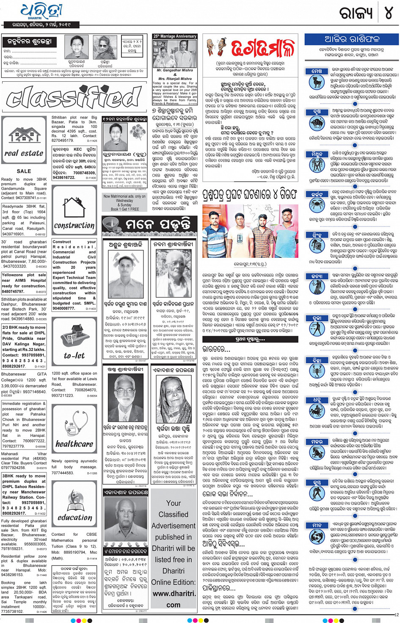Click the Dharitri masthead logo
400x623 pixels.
[x=41, y=12]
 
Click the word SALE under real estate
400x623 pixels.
[x=24, y=171]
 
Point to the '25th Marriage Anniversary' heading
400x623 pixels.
[x=175, y=36]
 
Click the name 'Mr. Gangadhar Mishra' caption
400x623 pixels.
[x=175, y=70]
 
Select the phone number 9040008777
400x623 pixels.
[x=63, y=309]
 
